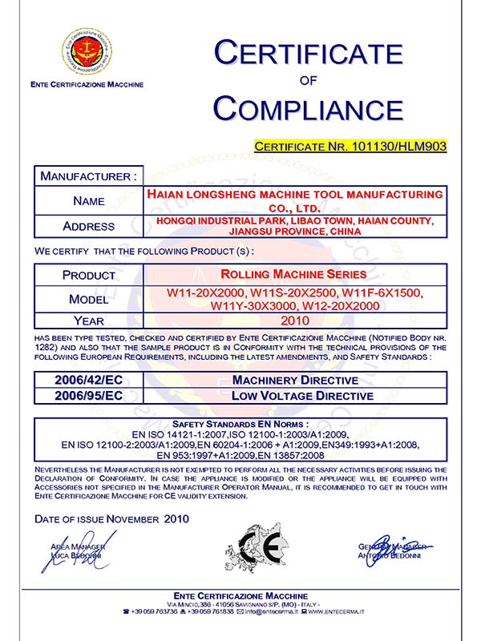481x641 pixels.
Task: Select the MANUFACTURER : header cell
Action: (88, 175)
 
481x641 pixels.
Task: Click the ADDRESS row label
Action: (88, 225)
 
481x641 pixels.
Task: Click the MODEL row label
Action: (88, 297)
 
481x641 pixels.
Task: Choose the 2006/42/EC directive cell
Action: (88, 379)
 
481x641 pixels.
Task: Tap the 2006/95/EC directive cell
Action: (88, 395)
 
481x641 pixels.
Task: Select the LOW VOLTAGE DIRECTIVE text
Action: (302, 395)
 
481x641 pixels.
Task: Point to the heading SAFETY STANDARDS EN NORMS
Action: (240, 422)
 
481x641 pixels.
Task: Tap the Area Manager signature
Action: (80, 552)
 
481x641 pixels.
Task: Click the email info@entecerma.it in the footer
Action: (267, 611)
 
